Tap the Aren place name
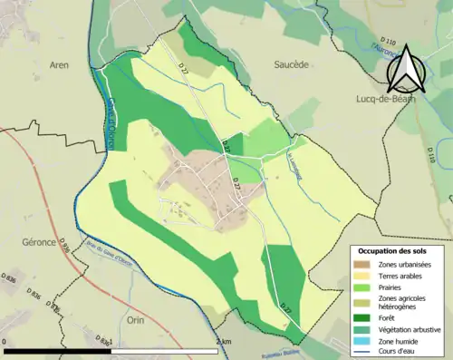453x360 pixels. pos(59,66)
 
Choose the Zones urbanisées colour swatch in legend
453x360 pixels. pos(364,264)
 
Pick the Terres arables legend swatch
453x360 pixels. pos(364,276)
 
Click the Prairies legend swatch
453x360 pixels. pos(364,287)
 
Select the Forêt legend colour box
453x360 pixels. pos(364,317)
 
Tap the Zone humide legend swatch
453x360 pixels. pos(364,341)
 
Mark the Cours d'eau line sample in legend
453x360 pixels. pos(364,352)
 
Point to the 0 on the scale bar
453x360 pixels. pos(5,342)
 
